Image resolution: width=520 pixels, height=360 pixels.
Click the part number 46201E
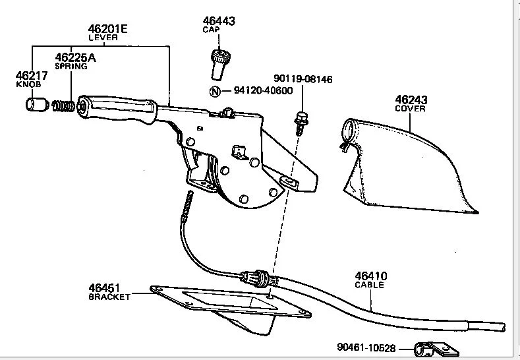pos(108,29)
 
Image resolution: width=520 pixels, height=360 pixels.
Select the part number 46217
pos(28,76)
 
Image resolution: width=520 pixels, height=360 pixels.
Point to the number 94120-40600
pos(262,91)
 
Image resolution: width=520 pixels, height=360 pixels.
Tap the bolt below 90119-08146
pos(301,121)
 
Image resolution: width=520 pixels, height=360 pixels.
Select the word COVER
pos(411,109)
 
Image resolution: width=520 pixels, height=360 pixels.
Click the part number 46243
pos(412,100)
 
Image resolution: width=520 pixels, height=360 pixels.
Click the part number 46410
pos(371,276)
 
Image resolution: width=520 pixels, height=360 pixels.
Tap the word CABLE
pos(369,285)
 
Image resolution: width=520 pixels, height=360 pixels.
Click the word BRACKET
pos(109,297)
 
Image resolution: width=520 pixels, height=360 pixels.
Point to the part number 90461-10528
pos(366,347)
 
